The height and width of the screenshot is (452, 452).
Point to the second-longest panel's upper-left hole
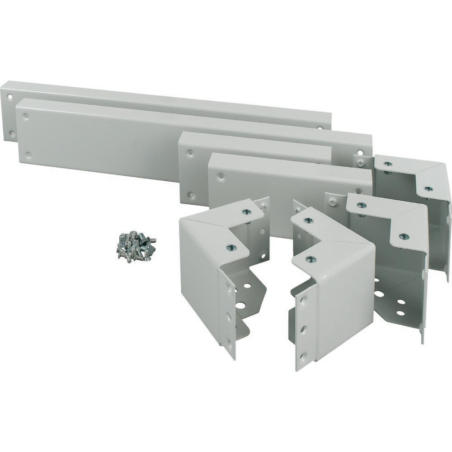point(26,116)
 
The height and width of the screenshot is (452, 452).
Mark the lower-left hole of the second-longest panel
point(28,155)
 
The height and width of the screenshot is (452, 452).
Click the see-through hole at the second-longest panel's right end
point(360,153)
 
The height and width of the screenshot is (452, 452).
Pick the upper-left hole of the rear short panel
point(190,153)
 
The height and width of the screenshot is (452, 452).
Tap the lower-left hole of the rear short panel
point(191,195)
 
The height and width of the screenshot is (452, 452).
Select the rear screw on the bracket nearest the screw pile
point(247,211)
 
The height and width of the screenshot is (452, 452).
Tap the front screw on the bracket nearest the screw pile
point(231,247)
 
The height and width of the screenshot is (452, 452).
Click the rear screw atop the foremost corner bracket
point(308,221)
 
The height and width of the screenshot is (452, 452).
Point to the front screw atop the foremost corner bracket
point(311,259)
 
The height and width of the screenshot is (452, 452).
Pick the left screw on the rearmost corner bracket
point(388,164)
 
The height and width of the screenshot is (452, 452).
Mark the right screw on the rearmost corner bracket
point(428,188)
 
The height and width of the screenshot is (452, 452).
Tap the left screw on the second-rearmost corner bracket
point(362,205)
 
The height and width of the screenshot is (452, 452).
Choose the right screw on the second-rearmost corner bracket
point(404,236)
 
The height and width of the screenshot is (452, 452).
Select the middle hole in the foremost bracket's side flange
point(303,329)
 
